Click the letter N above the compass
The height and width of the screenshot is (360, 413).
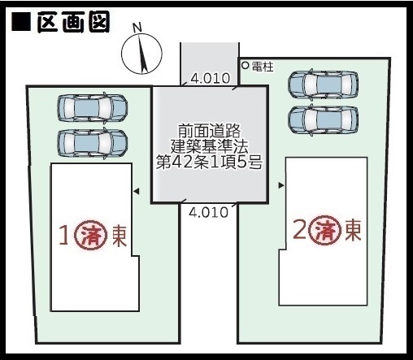coord(137,28)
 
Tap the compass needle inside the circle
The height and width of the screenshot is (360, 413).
coord(142,54)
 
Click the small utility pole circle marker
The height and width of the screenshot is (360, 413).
coord(245,65)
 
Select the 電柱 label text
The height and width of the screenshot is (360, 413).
coord(263,67)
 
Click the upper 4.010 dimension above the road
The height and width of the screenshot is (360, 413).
coord(211,78)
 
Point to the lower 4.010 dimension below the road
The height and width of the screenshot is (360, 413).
coord(208,212)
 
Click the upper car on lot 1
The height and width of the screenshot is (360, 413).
coord(92,107)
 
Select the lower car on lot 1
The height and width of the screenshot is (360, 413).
coord(92,144)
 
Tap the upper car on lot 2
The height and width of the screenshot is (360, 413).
coord(323,84)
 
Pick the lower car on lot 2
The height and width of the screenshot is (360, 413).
coord(323,119)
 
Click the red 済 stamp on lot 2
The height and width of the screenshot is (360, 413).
coord(325,231)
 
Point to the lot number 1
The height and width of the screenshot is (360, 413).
coord(63,236)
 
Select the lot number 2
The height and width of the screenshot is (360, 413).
coord(300,231)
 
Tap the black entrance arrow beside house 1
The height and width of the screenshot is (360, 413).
coord(137,191)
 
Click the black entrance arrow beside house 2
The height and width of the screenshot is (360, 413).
coord(281,185)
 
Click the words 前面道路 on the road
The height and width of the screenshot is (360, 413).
coord(209,131)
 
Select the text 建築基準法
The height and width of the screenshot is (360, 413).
coord(209,147)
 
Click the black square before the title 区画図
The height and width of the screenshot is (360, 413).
coord(21,21)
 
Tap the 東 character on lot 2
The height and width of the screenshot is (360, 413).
coord(353,230)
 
